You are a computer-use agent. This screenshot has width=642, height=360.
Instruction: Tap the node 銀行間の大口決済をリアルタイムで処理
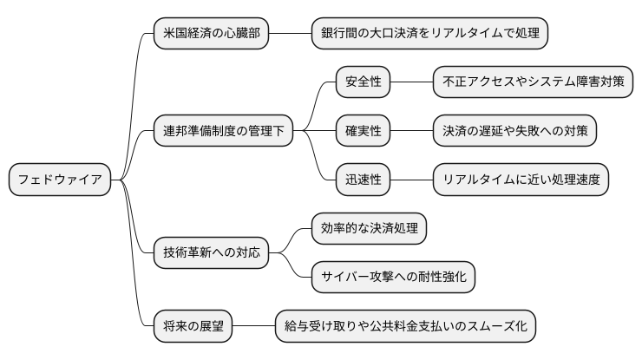coord(430,34)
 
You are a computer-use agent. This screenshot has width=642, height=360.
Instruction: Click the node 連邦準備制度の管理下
coord(223,132)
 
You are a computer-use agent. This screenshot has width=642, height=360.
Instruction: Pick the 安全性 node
coord(364,83)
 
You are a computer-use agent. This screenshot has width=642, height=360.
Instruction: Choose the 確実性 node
coord(364,132)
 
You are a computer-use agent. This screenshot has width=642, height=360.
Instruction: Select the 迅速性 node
coord(364,180)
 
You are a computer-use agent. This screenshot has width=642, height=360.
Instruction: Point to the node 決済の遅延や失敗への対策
coord(515,132)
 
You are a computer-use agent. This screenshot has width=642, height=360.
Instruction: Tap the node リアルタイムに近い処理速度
coord(521,180)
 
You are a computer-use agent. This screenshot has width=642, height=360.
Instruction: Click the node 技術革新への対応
coord(211,253)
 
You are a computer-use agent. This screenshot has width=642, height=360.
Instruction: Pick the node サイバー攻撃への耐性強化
coord(393,278)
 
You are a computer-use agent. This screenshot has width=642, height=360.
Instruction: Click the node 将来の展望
coord(193,327)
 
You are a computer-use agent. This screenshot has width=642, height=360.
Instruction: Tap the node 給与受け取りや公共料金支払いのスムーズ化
coord(406,327)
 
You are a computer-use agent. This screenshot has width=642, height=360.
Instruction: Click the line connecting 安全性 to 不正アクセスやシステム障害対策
coord(412,83)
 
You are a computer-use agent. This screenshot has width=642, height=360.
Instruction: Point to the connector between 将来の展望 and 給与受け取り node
coord(253,327)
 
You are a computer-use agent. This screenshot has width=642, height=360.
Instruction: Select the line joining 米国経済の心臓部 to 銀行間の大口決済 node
coord(290,34)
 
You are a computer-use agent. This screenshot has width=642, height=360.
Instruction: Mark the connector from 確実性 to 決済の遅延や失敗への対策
coord(412,132)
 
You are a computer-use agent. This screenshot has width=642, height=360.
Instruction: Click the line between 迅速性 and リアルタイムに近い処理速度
coord(412,180)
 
